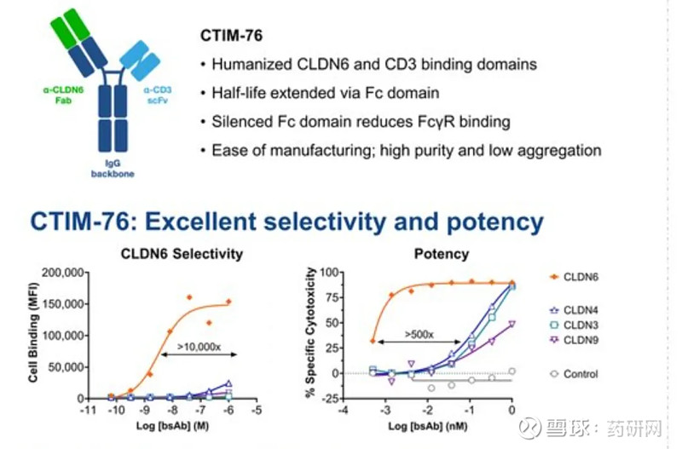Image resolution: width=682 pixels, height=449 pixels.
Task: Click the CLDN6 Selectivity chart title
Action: coord(183,254)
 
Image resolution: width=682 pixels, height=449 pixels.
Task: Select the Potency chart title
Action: coord(441,254)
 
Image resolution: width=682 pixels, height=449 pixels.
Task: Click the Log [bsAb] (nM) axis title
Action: coord(428,425)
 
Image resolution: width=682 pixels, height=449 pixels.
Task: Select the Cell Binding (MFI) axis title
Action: coord(35,335)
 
